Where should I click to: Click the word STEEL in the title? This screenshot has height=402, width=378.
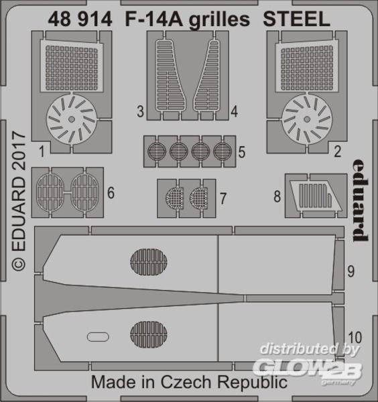click(x=296, y=19)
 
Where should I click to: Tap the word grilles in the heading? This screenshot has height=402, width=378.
click(x=219, y=21)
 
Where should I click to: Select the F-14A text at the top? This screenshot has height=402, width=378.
click(x=154, y=19)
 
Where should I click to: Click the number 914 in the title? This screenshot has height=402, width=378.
click(x=95, y=19)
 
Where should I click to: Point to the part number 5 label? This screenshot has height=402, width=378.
click(x=242, y=152)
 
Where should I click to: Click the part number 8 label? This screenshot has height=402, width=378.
click(x=277, y=197)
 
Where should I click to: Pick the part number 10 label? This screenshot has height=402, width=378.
click(x=355, y=338)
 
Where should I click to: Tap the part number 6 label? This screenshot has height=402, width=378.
click(x=111, y=193)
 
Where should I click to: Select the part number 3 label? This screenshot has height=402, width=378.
click(x=140, y=112)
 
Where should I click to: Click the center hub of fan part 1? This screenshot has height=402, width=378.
click(x=72, y=119)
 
